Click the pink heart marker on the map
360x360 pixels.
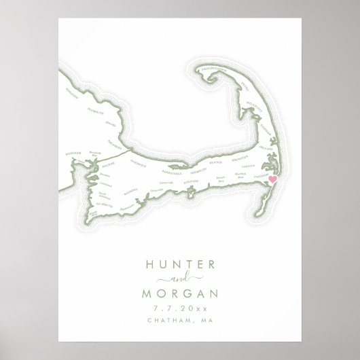(273, 180)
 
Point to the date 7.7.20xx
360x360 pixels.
(179, 310)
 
